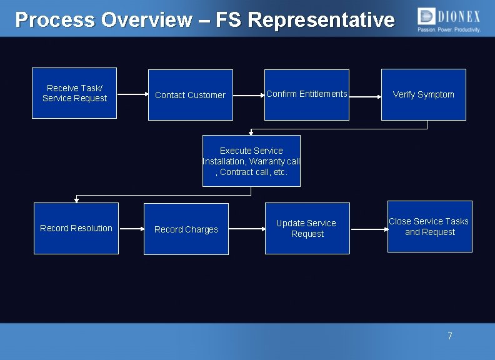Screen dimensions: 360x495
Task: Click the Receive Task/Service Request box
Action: tap(74, 93)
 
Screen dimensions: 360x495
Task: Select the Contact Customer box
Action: tap(190, 95)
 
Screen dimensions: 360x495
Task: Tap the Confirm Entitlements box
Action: tap(306, 94)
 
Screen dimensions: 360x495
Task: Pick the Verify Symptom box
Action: tap(424, 94)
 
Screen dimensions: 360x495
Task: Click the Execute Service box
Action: tap(251, 161)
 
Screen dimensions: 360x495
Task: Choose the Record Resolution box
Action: tap(76, 228)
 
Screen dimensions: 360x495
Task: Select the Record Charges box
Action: tap(186, 229)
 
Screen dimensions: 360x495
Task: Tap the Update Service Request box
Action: tap(307, 228)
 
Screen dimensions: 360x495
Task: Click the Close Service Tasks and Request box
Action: tap(429, 226)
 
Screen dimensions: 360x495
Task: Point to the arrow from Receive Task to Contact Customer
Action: tap(132, 95)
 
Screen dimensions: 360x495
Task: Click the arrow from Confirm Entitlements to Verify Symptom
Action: tap(365, 97)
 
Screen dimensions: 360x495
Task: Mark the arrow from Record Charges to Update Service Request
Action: tap(246, 229)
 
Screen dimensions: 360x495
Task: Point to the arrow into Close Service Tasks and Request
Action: tap(368, 229)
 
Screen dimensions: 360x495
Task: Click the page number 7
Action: tap(449, 336)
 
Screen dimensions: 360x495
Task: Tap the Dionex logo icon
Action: tap(427, 16)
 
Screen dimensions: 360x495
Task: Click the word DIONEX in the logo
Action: tap(459, 16)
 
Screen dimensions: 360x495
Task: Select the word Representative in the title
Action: tap(321, 20)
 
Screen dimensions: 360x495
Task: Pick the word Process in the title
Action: tap(55, 20)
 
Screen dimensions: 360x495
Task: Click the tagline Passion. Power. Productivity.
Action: tap(449, 30)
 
